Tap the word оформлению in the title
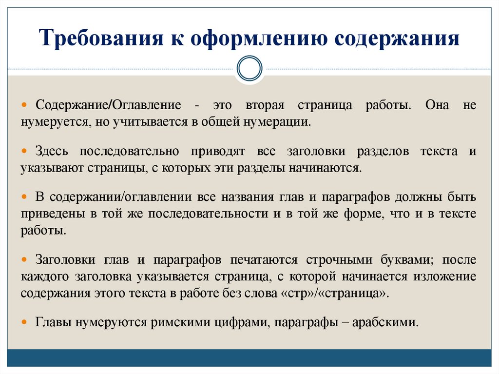click(x=259, y=39)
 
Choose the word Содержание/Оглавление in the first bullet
click(x=105, y=106)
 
